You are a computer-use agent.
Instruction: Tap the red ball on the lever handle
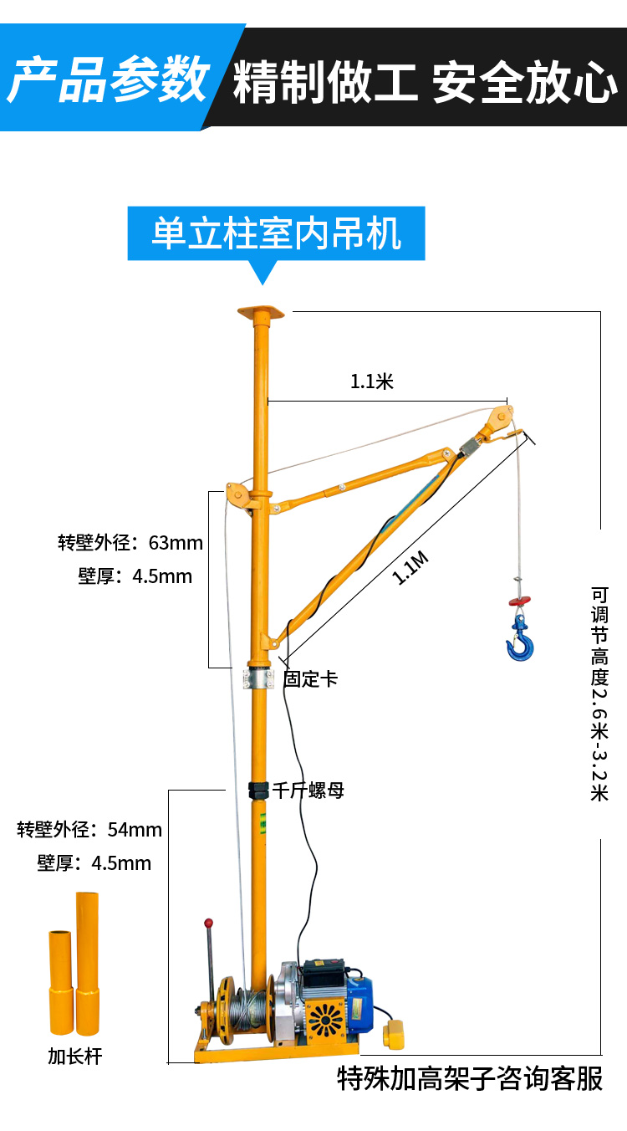click(x=209, y=924)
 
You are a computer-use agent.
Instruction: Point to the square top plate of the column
click(x=261, y=314)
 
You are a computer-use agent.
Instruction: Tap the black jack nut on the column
click(x=259, y=789)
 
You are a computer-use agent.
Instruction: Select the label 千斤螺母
click(x=308, y=790)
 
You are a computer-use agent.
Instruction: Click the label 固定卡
click(x=310, y=678)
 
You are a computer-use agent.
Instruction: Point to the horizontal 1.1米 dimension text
click(x=371, y=382)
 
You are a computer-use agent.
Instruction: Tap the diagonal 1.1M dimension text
click(x=411, y=569)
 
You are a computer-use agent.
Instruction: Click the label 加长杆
click(x=74, y=1057)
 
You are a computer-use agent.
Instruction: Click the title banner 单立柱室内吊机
click(x=276, y=233)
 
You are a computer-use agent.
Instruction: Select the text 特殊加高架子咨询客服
click(x=470, y=1079)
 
